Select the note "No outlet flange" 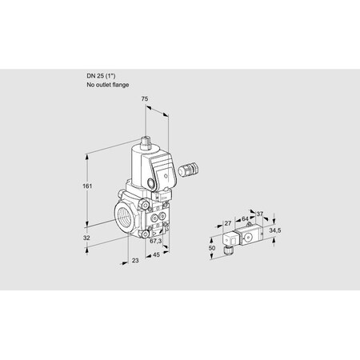[106, 84]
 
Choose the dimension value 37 [260, 214]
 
